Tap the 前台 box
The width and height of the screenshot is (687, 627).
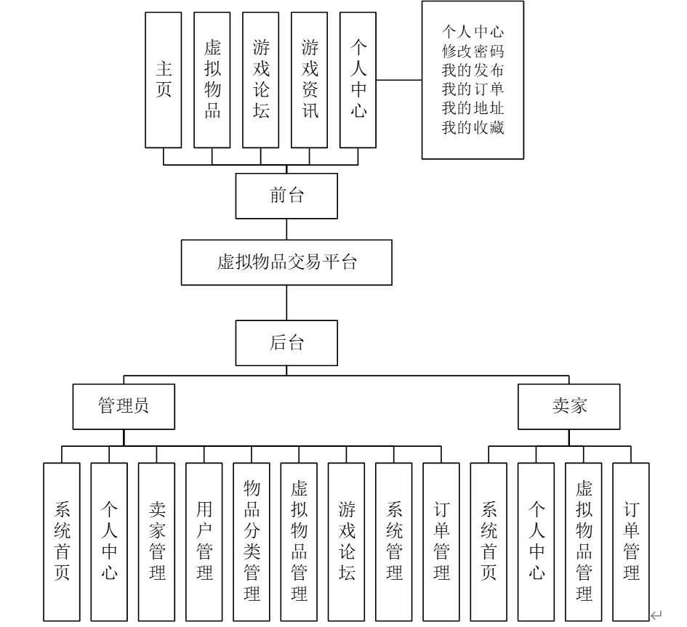click(x=286, y=197)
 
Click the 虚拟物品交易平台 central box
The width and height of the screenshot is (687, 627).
click(x=286, y=263)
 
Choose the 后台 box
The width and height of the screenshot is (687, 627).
click(x=286, y=343)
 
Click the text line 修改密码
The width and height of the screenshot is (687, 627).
click(x=473, y=52)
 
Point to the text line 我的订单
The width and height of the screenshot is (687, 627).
click(x=473, y=89)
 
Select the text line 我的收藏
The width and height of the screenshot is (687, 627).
click(x=473, y=128)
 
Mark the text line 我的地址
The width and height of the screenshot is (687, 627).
click(x=473, y=109)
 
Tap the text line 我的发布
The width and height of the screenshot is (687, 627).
click(x=473, y=70)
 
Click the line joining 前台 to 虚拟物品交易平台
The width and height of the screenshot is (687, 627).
click(x=286, y=229)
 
